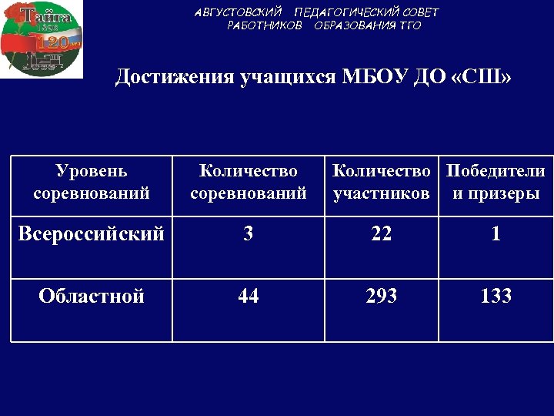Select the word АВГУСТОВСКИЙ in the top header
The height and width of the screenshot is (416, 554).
pos(239,12)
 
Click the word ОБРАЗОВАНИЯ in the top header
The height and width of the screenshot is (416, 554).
pos(355,25)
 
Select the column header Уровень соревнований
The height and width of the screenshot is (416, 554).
pos(92,182)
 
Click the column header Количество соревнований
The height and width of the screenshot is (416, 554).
pos(248,182)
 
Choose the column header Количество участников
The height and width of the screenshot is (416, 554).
pos(382,182)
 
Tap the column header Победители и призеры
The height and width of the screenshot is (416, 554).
pos(496,182)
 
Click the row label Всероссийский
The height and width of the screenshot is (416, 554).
pos(91,233)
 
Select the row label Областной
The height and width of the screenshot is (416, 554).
pos(92,296)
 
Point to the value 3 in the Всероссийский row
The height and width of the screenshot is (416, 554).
pos(248,233)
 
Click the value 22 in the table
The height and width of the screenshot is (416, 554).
pos(381,233)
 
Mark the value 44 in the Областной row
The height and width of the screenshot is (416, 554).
pos(248,296)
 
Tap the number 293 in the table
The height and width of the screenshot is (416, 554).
pos(381,296)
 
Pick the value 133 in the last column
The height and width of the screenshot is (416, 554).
pos(496,296)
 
